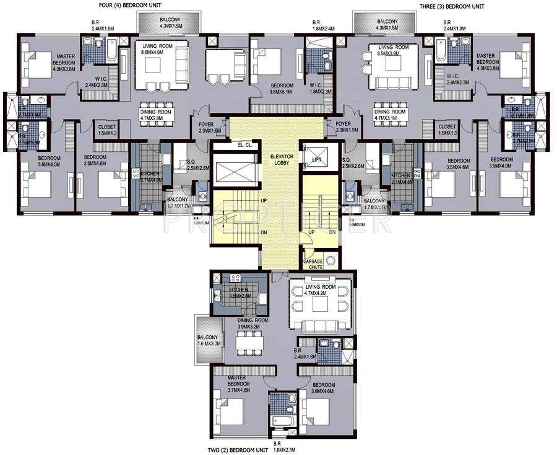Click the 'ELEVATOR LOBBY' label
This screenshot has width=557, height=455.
point(277,162)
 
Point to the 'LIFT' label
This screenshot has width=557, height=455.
point(317,160)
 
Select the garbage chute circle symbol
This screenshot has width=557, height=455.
point(330,260)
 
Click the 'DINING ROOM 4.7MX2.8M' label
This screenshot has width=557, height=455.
point(155,115)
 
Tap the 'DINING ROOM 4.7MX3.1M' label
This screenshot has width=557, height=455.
point(390,115)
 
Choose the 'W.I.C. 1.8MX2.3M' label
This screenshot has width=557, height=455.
point(319,88)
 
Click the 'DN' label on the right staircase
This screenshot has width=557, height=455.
point(332,232)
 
